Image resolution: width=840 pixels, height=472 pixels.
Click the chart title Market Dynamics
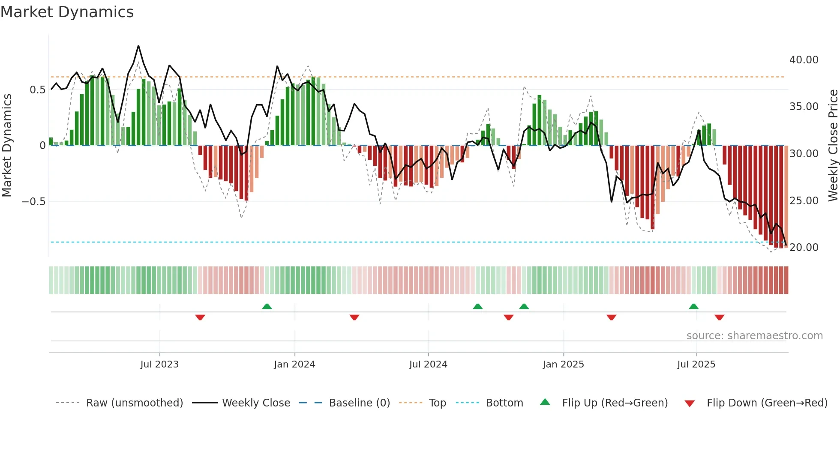tap(67, 12)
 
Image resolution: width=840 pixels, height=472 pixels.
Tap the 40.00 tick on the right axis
tap(804, 60)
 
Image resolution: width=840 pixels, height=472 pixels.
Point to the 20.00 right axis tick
tap(804, 248)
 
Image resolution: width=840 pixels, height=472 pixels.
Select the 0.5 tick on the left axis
tap(37, 90)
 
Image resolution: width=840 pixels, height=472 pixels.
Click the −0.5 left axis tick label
tap(34, 202)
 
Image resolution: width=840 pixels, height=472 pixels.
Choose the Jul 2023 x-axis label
tap(159, 364)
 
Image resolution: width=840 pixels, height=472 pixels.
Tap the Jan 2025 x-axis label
tap(563, 364)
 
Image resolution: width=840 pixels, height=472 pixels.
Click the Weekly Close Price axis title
tap(833, 145)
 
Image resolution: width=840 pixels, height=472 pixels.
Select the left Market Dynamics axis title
tap(7, 145)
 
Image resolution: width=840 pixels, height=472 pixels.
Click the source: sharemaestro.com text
tap(754, 336)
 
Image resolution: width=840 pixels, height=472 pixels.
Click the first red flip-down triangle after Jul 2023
tap(200, 317)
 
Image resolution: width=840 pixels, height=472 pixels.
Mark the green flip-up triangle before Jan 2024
tap(267, 306)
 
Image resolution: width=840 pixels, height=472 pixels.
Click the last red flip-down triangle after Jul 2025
tap(719, 317)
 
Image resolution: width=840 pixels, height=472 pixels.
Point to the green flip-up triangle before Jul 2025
tap(693, 306)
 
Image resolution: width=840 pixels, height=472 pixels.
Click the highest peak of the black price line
tap(138, 46)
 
